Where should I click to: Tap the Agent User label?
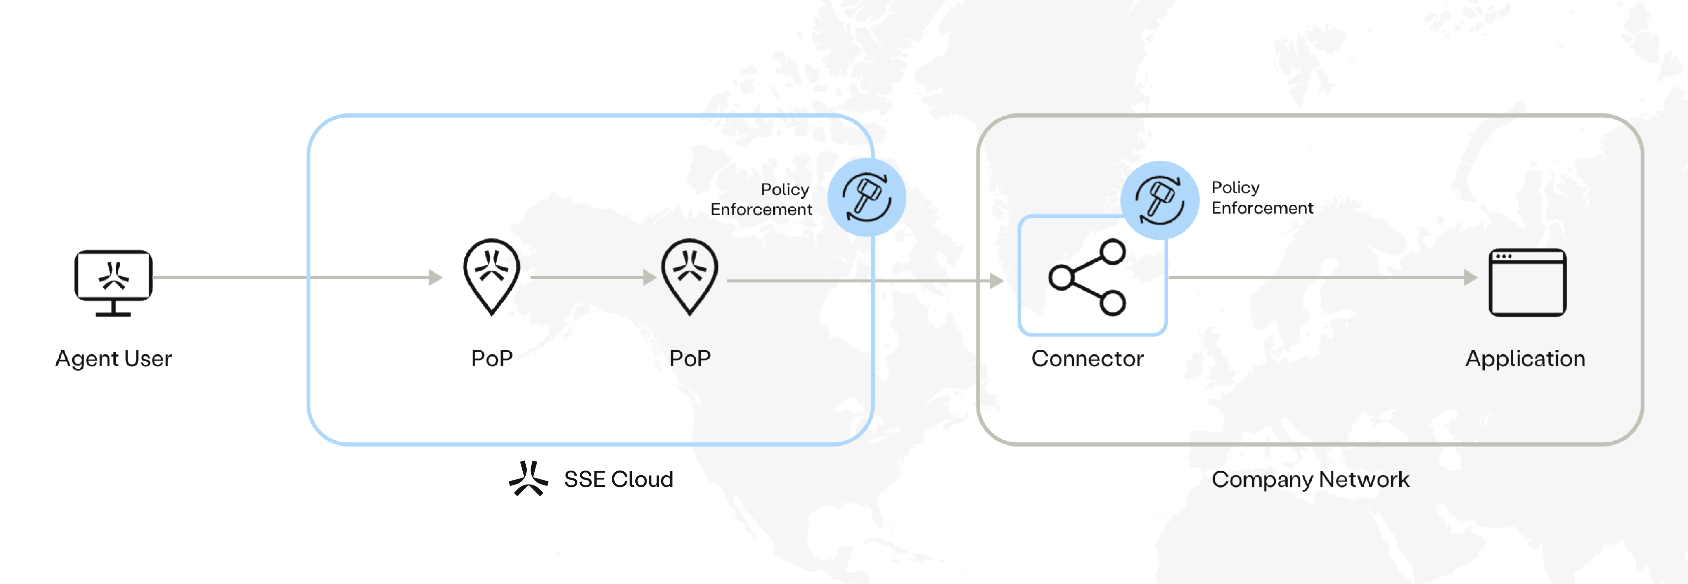[113, 359]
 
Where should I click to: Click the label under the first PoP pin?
[491, 359]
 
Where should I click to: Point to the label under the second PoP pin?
[689, 359]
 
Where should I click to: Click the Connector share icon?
[1087, 277]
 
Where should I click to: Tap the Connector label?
[1087, 359]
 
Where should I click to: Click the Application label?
[1525, 359]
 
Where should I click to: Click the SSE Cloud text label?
[618, 479]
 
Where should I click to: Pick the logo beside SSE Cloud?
[528, 479]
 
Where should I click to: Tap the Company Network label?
[1310, 479]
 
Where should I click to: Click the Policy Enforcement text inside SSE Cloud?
[761, 199]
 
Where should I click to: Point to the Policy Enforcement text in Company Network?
[1262, 197]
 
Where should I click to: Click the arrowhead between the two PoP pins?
[649, 278]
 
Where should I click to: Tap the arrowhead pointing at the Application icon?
[1470, 278]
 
